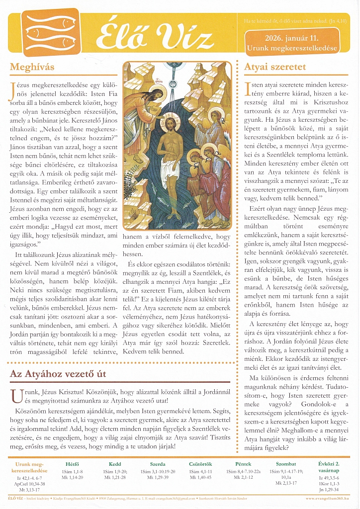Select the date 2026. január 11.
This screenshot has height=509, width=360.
point(291,38)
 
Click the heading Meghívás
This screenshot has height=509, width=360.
point(32,67)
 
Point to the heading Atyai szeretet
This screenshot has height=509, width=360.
point(275,67)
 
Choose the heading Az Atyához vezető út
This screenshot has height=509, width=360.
point(65,374)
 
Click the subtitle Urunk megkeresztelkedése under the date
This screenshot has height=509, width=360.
point(291,48)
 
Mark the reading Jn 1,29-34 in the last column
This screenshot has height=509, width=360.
point(328,489)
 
